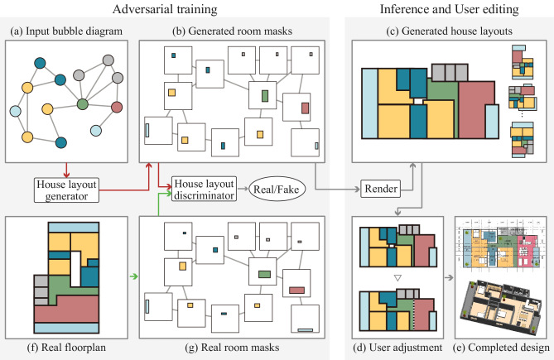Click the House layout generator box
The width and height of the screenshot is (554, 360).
pos(66,190)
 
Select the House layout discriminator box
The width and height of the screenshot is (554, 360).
pos(205,190)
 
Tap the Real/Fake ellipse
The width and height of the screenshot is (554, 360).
pos(277,190)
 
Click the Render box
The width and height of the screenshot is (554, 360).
pos(381,189)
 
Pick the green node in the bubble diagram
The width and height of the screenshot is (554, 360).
pos(82,104)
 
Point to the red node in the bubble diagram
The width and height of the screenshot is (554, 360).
pos(117,107)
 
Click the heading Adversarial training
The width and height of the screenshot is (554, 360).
pos(165,9)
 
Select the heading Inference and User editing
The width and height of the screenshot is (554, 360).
pos(450,9)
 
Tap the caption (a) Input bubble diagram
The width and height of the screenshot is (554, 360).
pos(66,31)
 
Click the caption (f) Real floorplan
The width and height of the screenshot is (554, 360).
pos(66,348)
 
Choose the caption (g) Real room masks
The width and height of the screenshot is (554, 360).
pos(232,348)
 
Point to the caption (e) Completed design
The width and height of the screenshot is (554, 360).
pos(501,348)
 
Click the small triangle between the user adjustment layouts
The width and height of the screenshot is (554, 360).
pos(397,278)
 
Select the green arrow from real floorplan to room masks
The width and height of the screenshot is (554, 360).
pos(133,276)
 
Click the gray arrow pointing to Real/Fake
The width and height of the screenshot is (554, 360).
pos(243,189)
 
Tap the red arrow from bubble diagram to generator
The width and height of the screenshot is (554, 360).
pos(66,170)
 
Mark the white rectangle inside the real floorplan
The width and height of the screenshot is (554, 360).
pos(75,269)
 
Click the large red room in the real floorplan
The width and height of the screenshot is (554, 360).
pos(66,310)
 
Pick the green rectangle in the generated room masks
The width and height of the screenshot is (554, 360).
pos(265,96)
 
